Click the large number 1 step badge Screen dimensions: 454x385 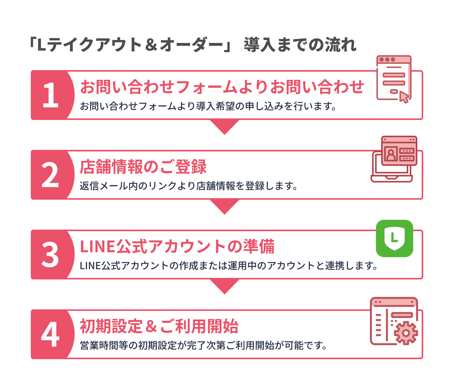[x=51, y=95]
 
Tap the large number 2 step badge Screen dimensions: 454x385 [x=50, y=175]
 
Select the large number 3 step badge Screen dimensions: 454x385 [x=50, y=255]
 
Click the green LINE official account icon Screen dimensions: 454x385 [x=394, y=238]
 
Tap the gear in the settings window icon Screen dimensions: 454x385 [x=406, y=333]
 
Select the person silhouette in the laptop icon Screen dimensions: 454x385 [x=391, y=155]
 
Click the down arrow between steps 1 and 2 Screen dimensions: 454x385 [x=224, y=127]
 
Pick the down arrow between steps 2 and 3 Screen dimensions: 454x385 [x=224, y=206]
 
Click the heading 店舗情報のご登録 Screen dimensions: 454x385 [x=143, y=167]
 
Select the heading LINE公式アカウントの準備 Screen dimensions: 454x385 [x=177, y=247]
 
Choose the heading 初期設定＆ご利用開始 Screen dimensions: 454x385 [x=159, y=326]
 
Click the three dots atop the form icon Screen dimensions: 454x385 [x=387, y=60]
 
